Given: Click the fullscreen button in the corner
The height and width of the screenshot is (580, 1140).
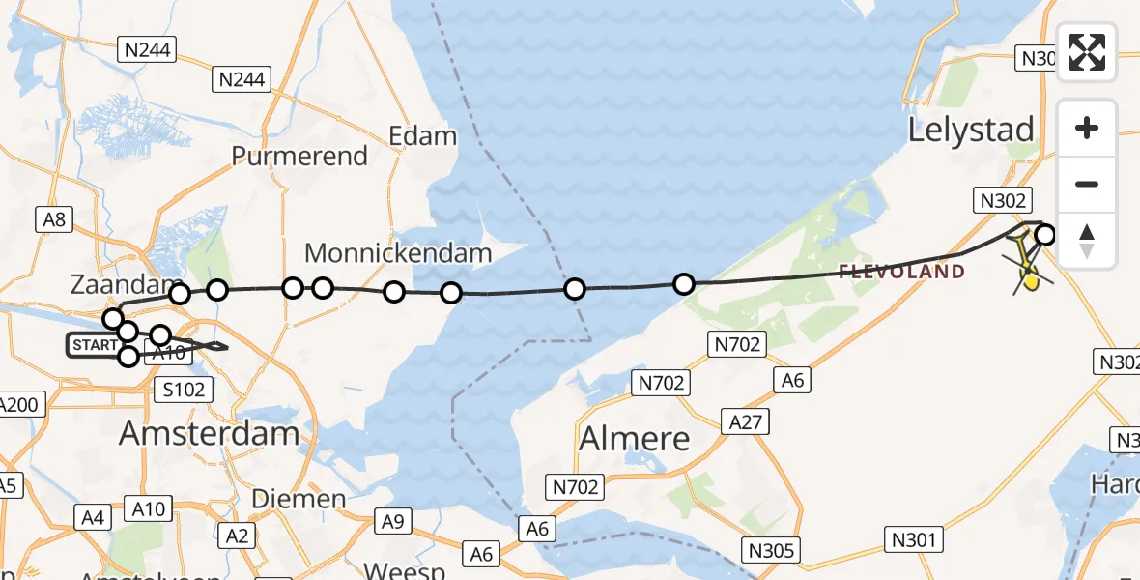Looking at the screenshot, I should tap(1087, 52).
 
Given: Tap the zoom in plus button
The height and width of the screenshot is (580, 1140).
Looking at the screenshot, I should tap(1087, 128).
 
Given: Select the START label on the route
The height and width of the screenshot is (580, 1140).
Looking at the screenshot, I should tap(93, 345).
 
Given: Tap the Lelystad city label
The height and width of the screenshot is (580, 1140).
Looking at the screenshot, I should tap(971, 130).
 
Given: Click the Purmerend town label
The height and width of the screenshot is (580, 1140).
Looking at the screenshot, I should tap(299, 156).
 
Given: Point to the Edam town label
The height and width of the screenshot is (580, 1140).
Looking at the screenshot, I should tap(422, 135).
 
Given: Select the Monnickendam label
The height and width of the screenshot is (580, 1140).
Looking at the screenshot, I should tap(398, 253).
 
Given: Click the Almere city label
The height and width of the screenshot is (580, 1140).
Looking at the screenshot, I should tap(635, 439).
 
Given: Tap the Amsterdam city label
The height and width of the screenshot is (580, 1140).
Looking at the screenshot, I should tap(209, 433).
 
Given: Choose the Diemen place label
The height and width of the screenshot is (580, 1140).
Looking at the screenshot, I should tap(299, 499).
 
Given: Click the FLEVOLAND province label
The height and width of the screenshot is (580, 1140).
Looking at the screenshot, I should tap(901, 272).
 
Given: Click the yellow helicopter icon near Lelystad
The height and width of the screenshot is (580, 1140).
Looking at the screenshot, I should tap(1030, 280).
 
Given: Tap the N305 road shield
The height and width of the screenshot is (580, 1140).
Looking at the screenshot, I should tap(772, 550).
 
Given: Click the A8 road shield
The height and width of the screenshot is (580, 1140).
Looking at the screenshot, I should tap(54, 219).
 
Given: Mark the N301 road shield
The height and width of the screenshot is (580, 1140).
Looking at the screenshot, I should tap(913, 538).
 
